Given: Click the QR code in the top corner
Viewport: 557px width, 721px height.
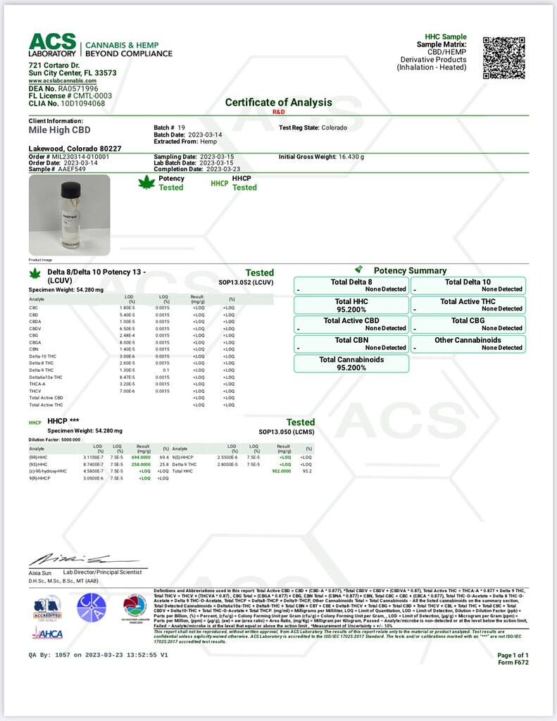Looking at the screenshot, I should (x=503, y=58).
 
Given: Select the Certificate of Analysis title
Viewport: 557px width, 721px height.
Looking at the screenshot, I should (x=278, y=102).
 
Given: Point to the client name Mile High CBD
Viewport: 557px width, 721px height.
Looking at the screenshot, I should (x=60, y=130).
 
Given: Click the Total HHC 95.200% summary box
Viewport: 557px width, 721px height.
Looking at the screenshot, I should (x=351, y=305).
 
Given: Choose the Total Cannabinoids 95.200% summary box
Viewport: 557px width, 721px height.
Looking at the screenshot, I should (x=351, y=363).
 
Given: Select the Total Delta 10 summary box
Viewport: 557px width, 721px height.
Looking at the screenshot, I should (x=468, y=285).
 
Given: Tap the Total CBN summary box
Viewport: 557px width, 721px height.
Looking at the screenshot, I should (x=351, y=344).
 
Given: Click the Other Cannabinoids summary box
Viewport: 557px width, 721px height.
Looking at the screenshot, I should (x=468, y=344).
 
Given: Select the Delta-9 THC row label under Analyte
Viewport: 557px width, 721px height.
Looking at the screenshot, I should (x=40, y=368).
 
